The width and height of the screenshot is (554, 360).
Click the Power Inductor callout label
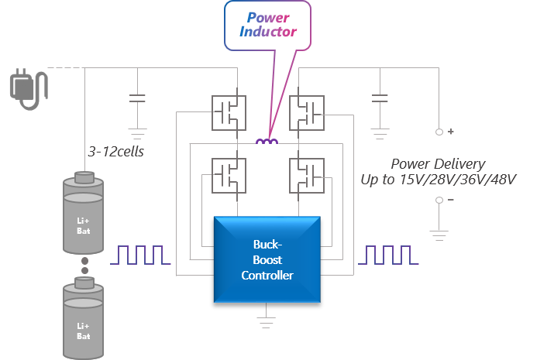coord(267,24)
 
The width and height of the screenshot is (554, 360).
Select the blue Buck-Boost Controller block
coord(267,259)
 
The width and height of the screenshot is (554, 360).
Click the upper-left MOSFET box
coord(229,113)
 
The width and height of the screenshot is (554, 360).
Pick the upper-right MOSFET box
coord(305,113)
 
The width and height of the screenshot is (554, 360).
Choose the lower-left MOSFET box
coord(229,176)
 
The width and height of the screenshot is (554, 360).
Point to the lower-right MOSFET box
coord(305,176)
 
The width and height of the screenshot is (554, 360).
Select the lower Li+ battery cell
coord(83,318)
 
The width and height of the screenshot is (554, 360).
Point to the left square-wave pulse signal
coord(140,255)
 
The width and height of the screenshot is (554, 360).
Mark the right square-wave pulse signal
coord(392,255)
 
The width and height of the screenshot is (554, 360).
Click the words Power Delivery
coord(438,163)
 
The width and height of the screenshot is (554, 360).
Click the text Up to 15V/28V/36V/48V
coord(439,179)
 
